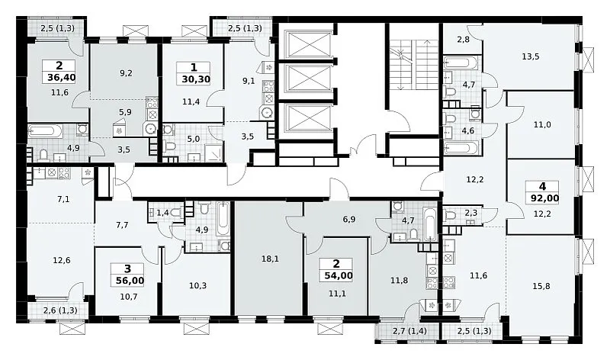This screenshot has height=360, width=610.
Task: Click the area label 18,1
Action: pyautogui.click(x=270, y=259)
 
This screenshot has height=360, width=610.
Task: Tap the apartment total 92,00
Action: pyautogui.click(x=544, y=198)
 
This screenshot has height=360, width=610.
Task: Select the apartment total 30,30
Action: pyautogui.click(x=196, y=80)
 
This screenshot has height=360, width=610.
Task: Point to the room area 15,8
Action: pyautogui.click(x=541, y=287)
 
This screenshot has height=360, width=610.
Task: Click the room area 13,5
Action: pyautogui.click(x=531, y=56)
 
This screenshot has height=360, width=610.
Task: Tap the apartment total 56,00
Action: pyautogui.click(x=130, y=281)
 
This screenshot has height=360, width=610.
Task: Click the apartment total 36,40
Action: pyautogui.click(x=62, y=78)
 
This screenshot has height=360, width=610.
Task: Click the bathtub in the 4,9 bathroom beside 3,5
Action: pyautogui.click(x=46, y=131)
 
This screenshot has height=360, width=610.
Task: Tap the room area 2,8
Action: pyautogui.click(x=463, y=39)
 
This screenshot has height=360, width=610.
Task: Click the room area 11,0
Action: pyautogui.click(x=542, y=125)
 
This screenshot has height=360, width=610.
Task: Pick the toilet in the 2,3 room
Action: pyautogui.click(x=451, y=215)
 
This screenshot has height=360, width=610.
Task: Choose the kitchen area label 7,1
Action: pyautogui.click(x=63, y=200)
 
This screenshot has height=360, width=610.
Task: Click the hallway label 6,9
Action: pyautogui.click(x=349, y=220)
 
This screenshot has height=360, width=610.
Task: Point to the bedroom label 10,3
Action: pyautogui.click(x=197, y=286)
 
